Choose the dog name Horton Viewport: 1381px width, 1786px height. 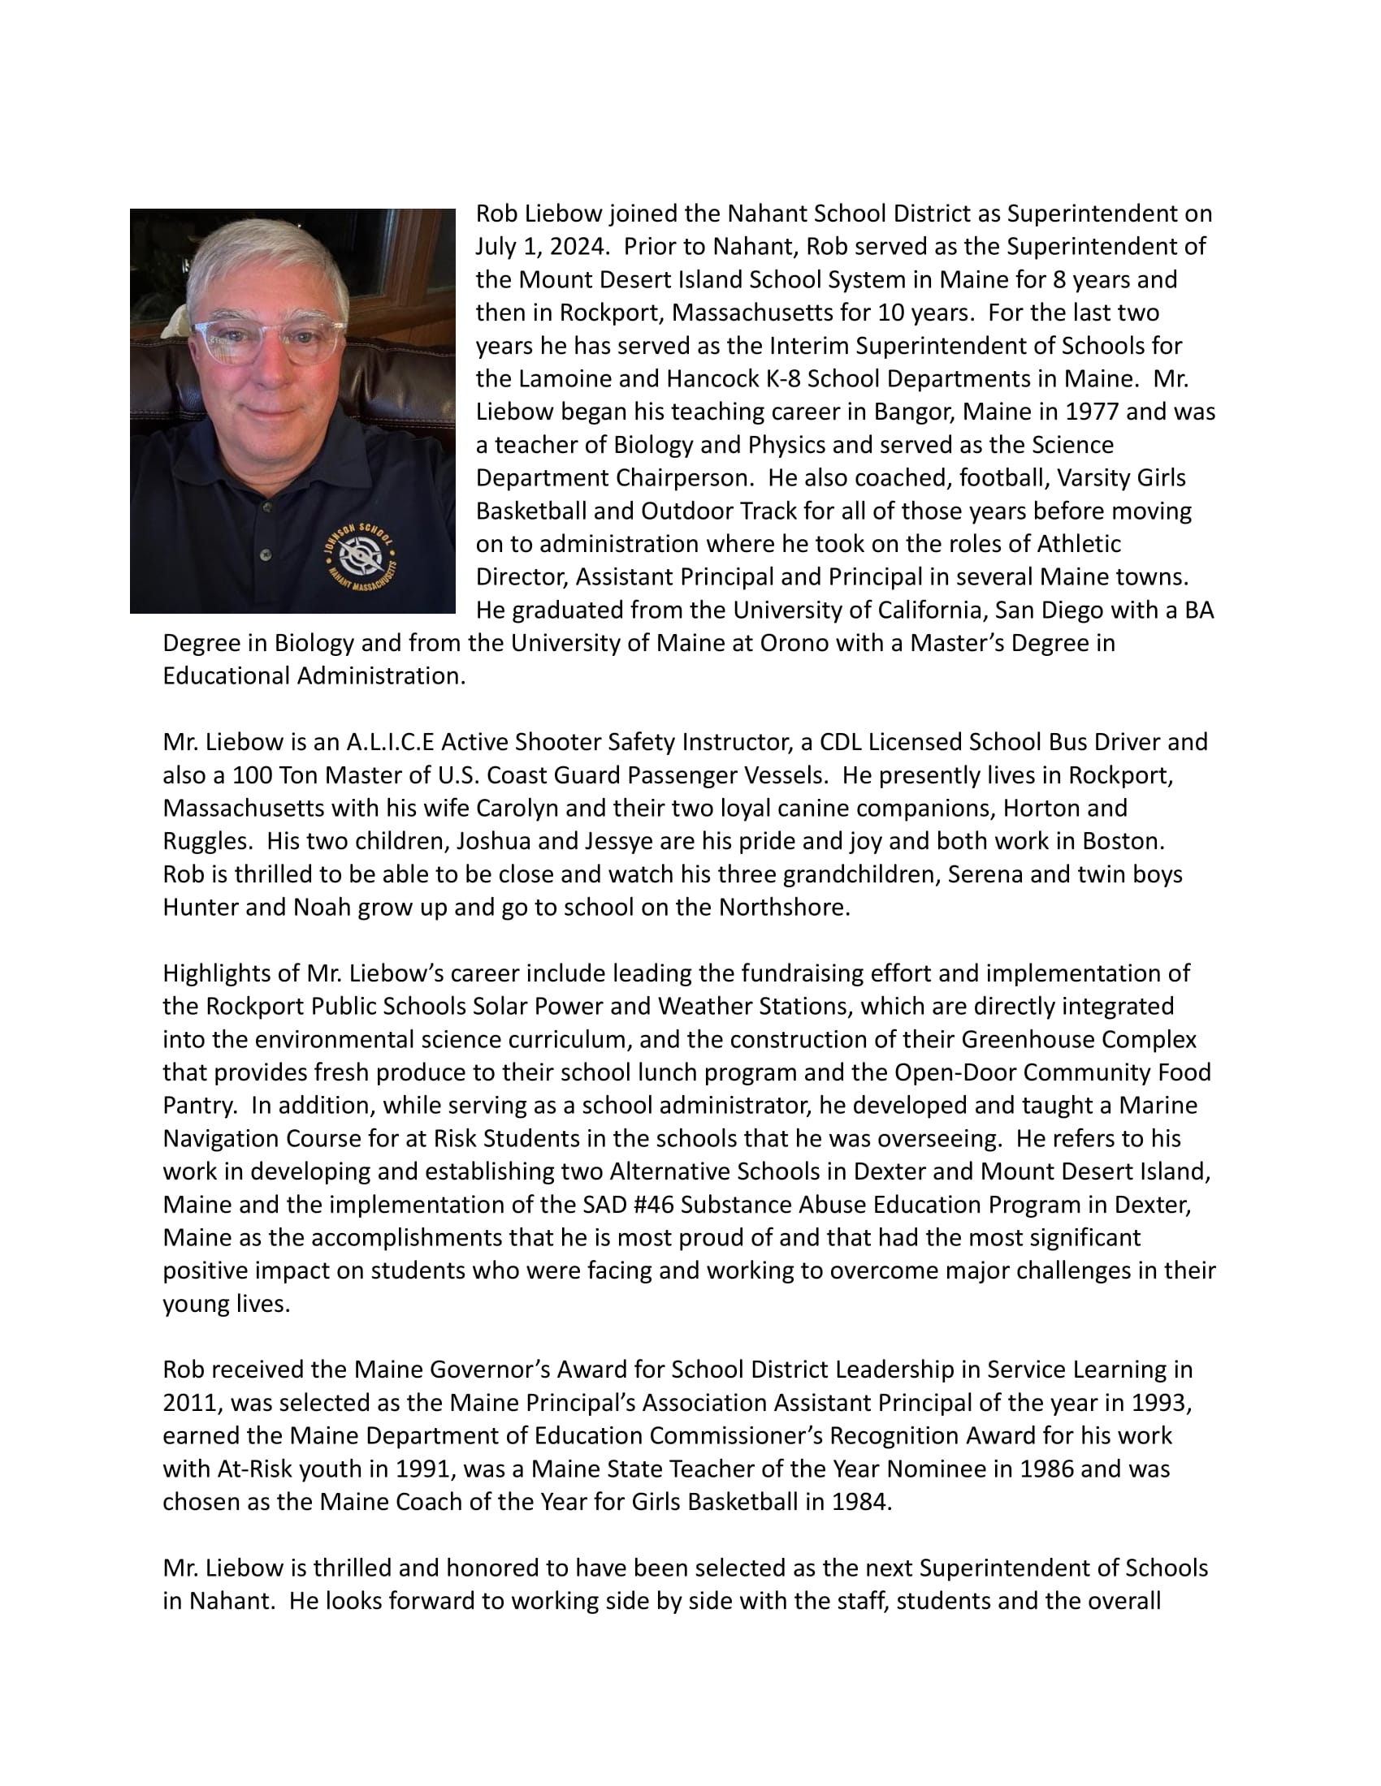click(x=1043, y=808)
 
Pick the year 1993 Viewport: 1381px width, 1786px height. click(x=1158, y=1403)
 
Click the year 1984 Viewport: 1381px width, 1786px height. click(x=859, y=1502)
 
